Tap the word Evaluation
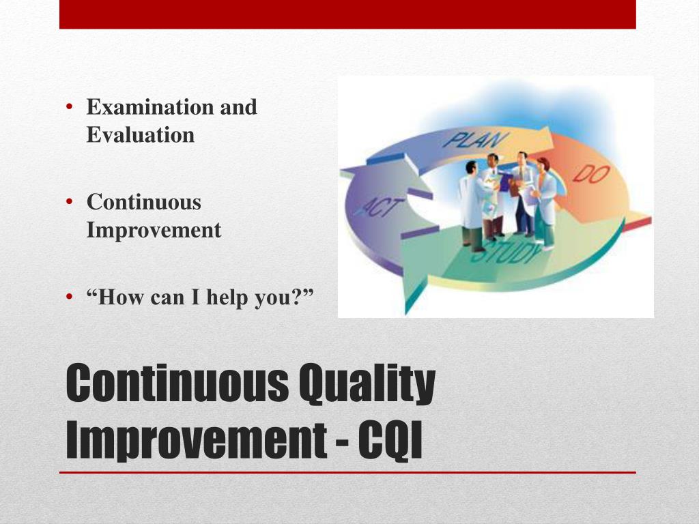[141, 134]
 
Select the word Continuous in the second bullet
[144, 202]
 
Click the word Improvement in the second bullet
[154, 230]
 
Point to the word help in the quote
[227, 297]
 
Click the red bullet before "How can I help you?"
[69, 297]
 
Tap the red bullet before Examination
[69, 107]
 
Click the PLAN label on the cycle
[475, 139]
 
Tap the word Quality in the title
[367, 384]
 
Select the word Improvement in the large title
[196, 441]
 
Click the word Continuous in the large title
[177, 382]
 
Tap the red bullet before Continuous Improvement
[69, 202]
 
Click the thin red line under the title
[347, 472]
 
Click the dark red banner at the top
[347, 14]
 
